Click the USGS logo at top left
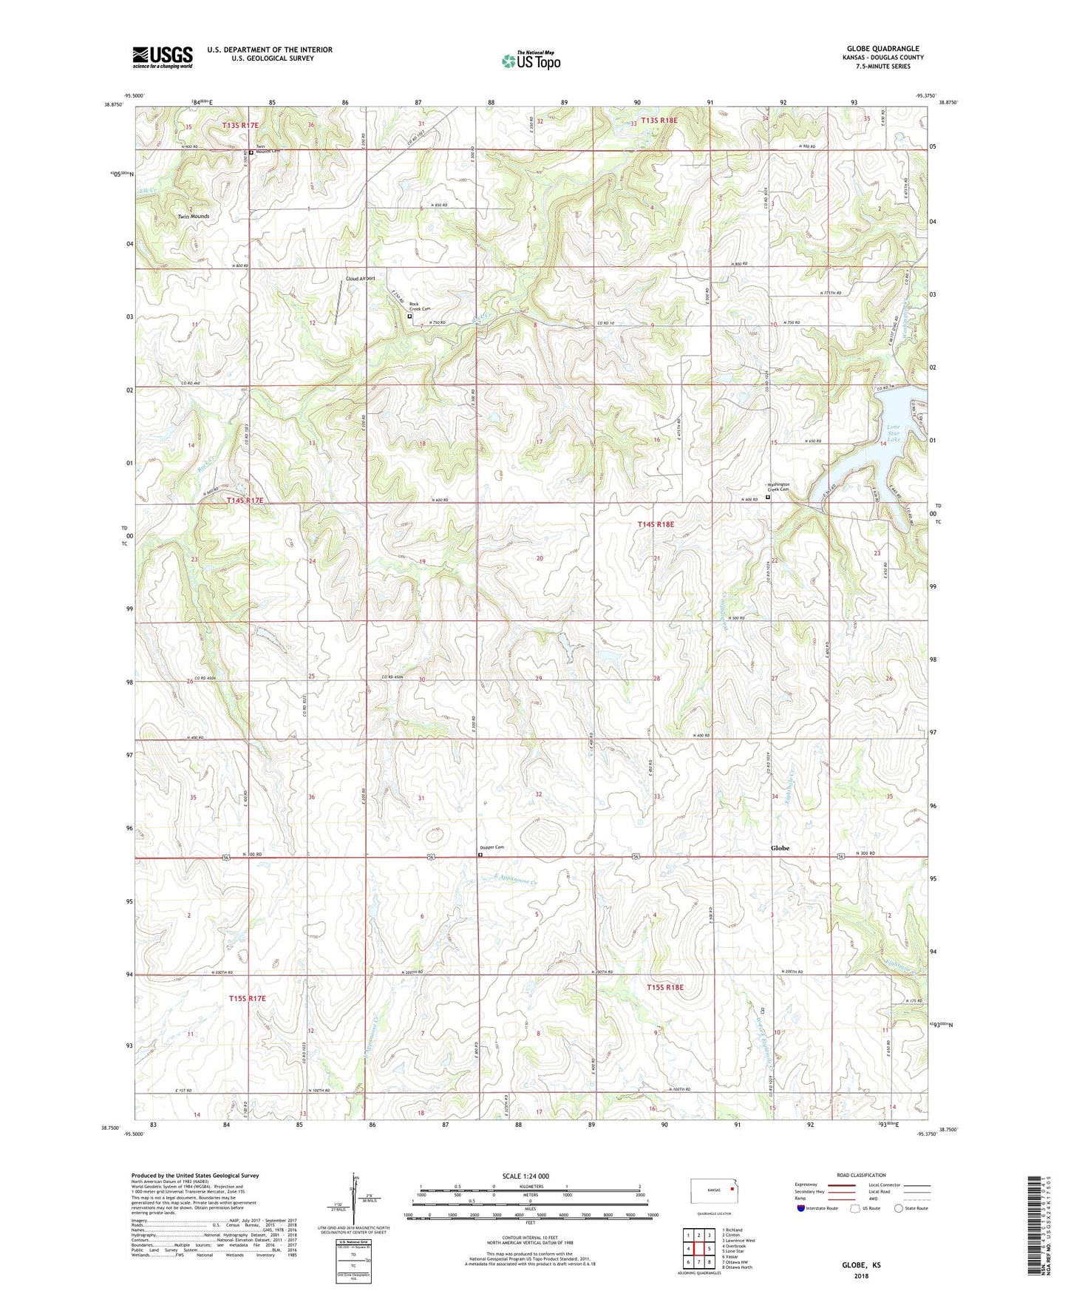[x=162, y=57]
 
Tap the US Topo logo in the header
[x=531, y=61]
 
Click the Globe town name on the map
[x=780, y=848]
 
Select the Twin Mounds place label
[x=193, y=217]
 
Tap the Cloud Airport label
[x=361, y=278]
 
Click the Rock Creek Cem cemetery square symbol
[x=410, y=316]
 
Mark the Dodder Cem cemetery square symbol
[x=480, y=855]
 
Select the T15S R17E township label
[x=247, y=998]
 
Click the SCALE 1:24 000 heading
[x=526, y=1176]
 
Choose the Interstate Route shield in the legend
[x=802, y=1208]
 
